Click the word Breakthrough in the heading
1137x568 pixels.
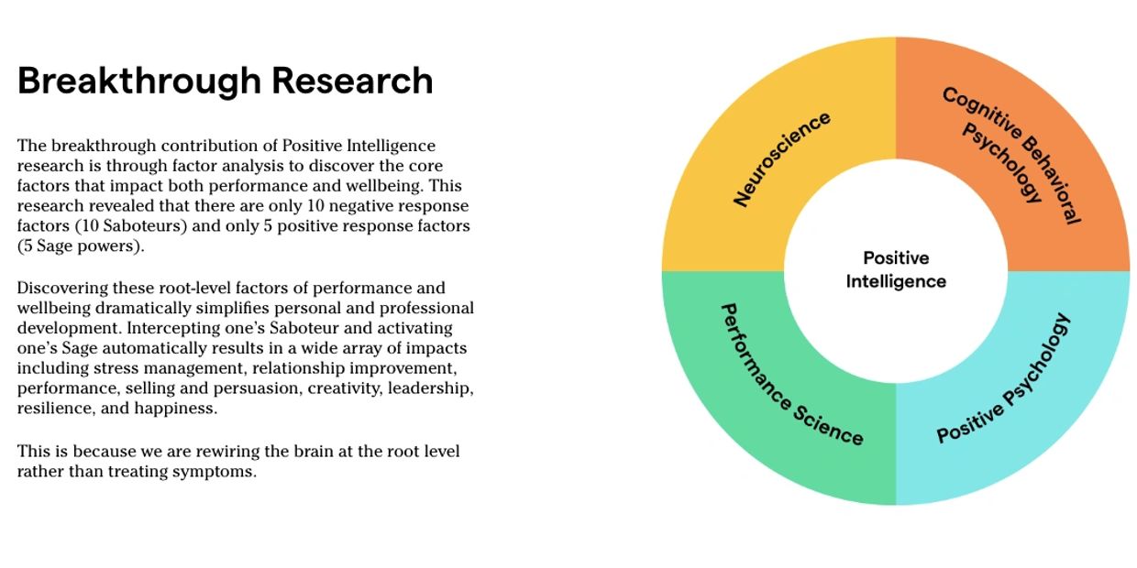[139, 82]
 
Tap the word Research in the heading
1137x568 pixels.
[352, 82]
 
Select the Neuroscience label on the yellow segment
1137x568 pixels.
[781, 159]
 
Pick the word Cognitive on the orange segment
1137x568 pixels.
[982, 113]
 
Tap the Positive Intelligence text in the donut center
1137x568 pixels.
[896, 269]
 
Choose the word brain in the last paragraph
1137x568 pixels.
[311, 451]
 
